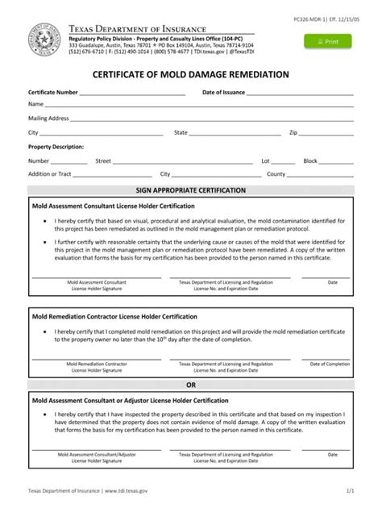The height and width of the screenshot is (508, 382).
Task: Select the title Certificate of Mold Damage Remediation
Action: pos(191,74)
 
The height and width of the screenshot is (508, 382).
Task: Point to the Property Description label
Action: pos(56,148)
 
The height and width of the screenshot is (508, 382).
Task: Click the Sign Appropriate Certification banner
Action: pos(191,190)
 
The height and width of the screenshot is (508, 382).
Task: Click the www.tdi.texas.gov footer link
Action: pos(125,489)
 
